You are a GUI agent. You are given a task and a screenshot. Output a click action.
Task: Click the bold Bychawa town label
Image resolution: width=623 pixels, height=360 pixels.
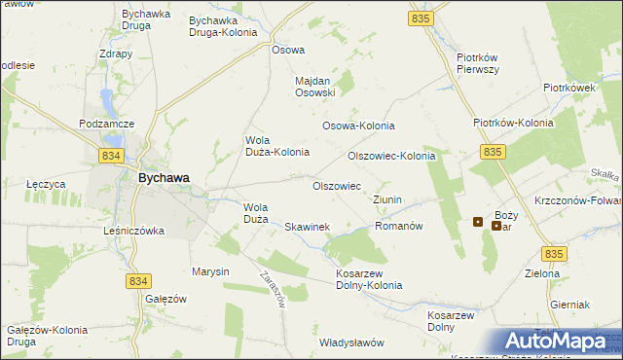click(x=163, y=178)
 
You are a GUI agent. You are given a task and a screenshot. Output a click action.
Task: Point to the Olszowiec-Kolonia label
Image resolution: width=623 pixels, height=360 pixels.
click(x=391, y=156)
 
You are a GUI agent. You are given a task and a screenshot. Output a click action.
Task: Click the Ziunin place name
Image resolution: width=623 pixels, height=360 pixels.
click(x=387, y=199)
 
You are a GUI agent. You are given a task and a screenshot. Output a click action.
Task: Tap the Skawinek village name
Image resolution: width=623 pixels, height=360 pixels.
click(x=308, y=227)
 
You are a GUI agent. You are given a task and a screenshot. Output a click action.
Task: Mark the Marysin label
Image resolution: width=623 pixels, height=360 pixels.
click(x=210, y=271)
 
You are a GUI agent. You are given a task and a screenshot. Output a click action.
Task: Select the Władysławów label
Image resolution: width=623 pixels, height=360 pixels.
click(x=352, y=342)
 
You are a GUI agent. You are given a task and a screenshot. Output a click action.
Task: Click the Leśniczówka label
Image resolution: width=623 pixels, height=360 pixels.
click(x=134, y=232)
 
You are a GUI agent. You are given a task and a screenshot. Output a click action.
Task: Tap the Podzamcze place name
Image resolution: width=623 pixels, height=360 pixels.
click(x=107, y=125)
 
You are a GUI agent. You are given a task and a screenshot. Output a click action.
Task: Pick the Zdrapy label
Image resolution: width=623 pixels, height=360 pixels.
click(x=116, y=54)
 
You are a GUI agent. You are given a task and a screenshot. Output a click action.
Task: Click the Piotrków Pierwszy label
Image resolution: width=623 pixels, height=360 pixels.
click(x=478, y=63)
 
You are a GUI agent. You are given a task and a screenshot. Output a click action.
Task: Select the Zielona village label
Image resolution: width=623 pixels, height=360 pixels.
click(x=543, y=274)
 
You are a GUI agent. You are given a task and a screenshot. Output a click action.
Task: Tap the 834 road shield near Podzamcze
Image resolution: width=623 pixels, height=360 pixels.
click(x=111, y=156)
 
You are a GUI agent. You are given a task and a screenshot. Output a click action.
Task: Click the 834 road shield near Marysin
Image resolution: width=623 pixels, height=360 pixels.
click(x=138, y=280)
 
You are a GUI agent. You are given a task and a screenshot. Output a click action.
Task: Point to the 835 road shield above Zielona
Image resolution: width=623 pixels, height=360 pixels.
click(x=555, y=254)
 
